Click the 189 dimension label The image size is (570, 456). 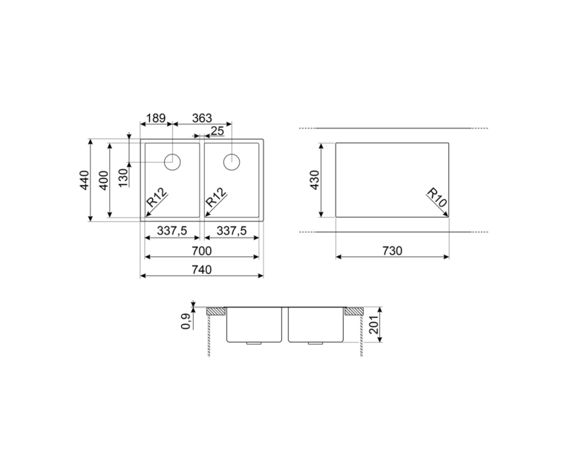[156, 118]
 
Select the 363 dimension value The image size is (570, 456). [202, 118]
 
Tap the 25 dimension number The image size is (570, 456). [217, 131]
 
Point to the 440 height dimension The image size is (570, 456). [85, 180]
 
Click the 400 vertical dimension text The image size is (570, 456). [104, 180]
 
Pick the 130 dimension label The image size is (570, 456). [124, 177]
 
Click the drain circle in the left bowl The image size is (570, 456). [172, 162]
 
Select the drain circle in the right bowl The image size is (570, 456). [232, 162]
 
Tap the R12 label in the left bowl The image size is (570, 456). [157, 197]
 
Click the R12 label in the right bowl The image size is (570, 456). [216, 197]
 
